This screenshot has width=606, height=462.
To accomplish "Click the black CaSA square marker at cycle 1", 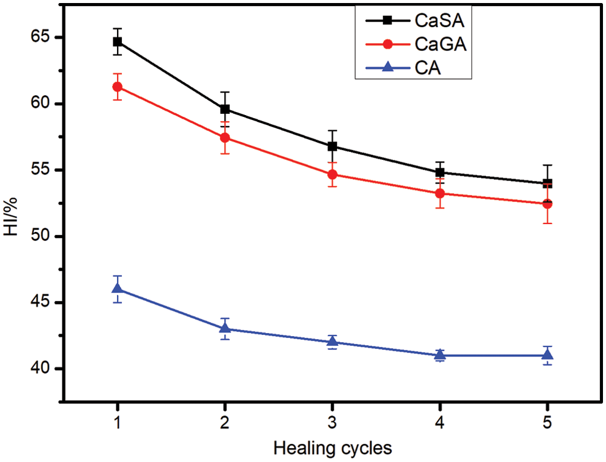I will [x=117, y=42].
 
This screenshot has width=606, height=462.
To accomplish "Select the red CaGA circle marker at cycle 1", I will [x=117, y=87].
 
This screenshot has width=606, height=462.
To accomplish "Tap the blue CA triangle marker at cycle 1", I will [x=117, y=289].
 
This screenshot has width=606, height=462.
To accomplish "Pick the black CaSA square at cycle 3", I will [x=332, y=146].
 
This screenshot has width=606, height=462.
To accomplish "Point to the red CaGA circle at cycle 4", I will [x=440, y=193].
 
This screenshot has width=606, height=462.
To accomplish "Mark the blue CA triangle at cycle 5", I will [x=548, y=355].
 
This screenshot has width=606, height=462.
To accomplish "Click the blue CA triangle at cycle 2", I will [x=225, y=328].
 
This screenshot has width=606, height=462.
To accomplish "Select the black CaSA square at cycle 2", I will [x=225, y=109].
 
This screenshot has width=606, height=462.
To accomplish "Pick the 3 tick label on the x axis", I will [x=332, y=421].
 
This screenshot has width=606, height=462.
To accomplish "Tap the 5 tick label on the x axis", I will [x=548, y=421].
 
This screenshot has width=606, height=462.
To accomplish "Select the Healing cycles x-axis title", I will [x=332, y=449].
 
